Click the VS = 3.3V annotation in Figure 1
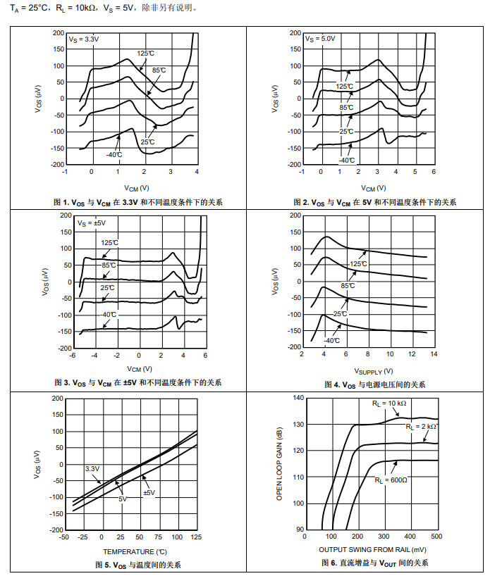[x=84, y=39]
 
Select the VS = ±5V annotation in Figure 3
[x=91, y=223]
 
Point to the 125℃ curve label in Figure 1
[x=145, y=53]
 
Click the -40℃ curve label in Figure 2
[x=346, y=161]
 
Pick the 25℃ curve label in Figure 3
[x=107, y=288]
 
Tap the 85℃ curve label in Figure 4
[x=348, y=285]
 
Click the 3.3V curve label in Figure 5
[x=92, y=468]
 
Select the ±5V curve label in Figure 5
[x=149, y=492]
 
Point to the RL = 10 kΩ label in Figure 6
[x=389, y=403]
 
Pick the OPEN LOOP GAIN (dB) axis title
[x=279, y=463]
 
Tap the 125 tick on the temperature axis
[x=197, y=537]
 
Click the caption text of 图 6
[x=373, y=563]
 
